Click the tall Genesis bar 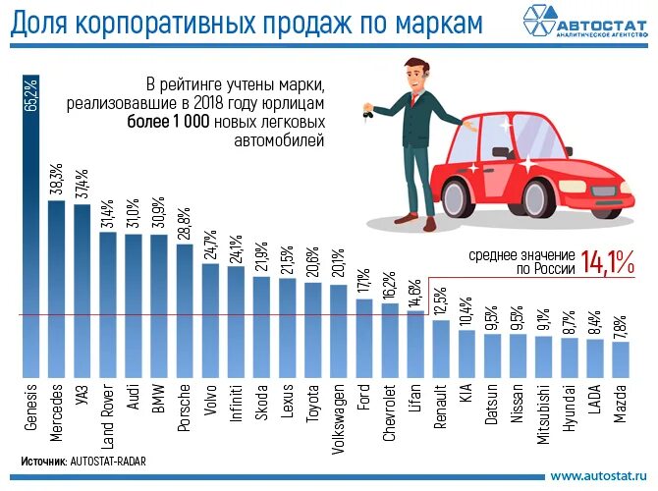point(31,245)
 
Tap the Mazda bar point(620,358)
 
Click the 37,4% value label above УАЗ point(82,181)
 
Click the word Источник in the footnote point(43,459)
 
